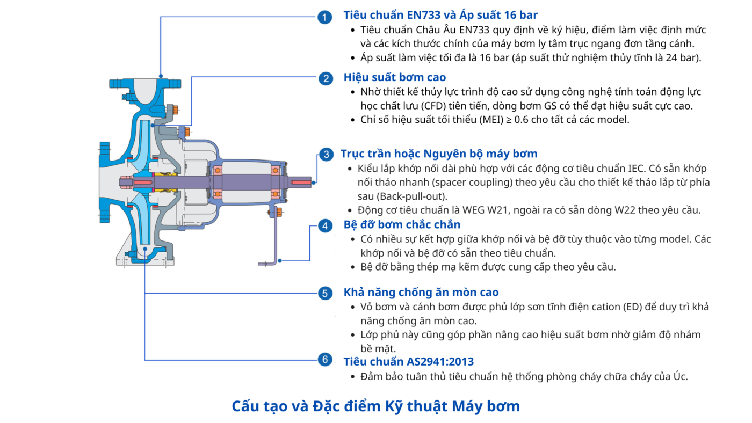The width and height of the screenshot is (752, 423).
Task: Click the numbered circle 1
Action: [324, 17]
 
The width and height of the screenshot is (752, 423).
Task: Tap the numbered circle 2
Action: [326, 78]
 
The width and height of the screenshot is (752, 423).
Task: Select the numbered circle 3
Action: [327, 154]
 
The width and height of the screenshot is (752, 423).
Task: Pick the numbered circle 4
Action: [325, 226]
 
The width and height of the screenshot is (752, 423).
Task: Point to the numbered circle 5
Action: [325, 293]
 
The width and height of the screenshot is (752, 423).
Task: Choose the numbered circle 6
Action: [325, 360]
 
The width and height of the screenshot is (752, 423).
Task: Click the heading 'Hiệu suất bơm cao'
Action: [394, 77]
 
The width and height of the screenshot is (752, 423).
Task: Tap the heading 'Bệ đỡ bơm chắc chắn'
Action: [402, 224]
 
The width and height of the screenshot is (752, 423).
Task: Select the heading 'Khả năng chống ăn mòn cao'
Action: [421, 292]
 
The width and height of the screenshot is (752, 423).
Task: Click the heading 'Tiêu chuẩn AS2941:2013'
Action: [409, 362]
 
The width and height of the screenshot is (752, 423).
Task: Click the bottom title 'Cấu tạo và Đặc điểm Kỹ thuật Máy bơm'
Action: [375, 406]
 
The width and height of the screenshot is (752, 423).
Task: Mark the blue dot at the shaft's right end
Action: [314, 183]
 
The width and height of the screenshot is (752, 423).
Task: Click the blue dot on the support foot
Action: [280, 261]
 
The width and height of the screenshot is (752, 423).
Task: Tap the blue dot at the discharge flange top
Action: [161, 76]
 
